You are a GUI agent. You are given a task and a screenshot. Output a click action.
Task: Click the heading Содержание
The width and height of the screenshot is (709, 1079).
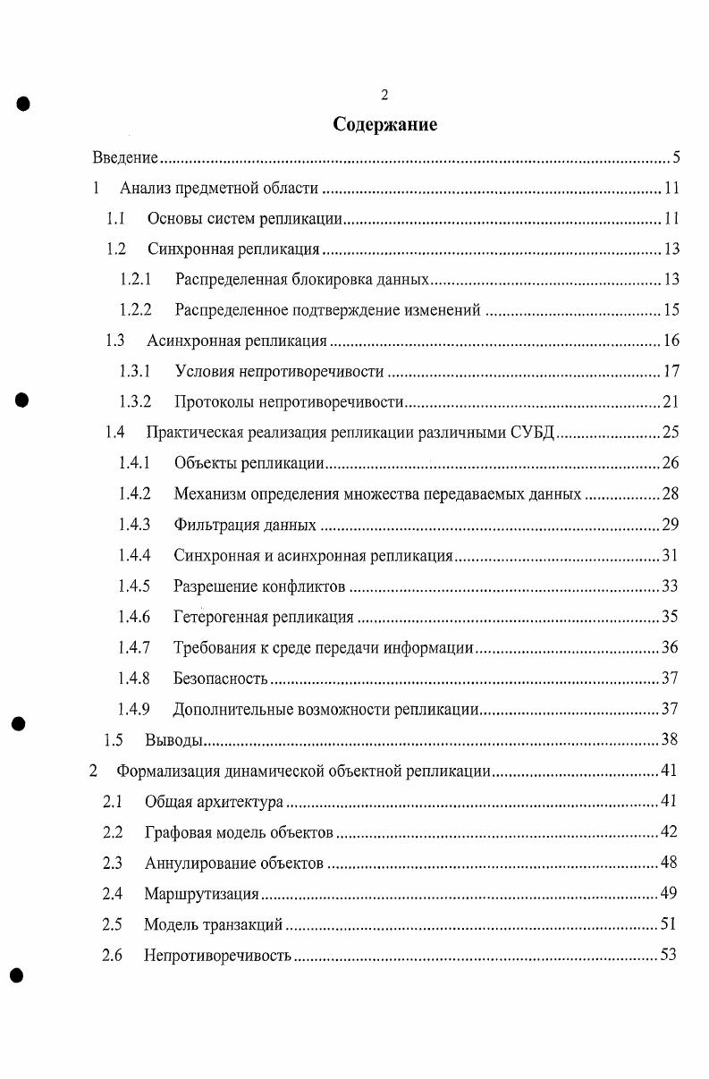[384, 124]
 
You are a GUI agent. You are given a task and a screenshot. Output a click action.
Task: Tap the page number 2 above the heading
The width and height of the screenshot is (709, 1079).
[384, 95]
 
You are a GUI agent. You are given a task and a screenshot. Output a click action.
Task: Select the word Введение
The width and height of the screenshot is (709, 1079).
[125, 158]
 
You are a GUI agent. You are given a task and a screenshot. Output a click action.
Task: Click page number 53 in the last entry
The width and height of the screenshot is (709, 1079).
[668, 955]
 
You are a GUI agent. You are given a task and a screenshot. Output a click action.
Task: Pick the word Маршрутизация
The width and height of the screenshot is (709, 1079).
[201, 893]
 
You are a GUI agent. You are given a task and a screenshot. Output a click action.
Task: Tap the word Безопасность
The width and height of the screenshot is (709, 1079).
[221, 679]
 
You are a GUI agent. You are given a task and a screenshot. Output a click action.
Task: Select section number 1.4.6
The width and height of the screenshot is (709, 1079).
[134, 617]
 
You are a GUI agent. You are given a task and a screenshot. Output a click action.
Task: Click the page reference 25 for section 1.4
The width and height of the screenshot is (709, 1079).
[671, 433]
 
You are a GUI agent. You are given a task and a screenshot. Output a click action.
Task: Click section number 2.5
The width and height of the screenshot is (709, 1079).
[112, 923]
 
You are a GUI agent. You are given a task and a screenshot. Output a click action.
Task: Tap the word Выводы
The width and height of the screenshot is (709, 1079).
[174, 740]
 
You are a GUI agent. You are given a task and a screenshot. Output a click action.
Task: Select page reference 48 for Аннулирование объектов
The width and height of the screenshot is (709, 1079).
[668, 863]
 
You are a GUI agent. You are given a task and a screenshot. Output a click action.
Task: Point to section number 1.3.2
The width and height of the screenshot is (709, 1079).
[135, 401]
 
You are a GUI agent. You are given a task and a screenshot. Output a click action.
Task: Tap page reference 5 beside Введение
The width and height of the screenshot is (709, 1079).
[677, 158]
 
